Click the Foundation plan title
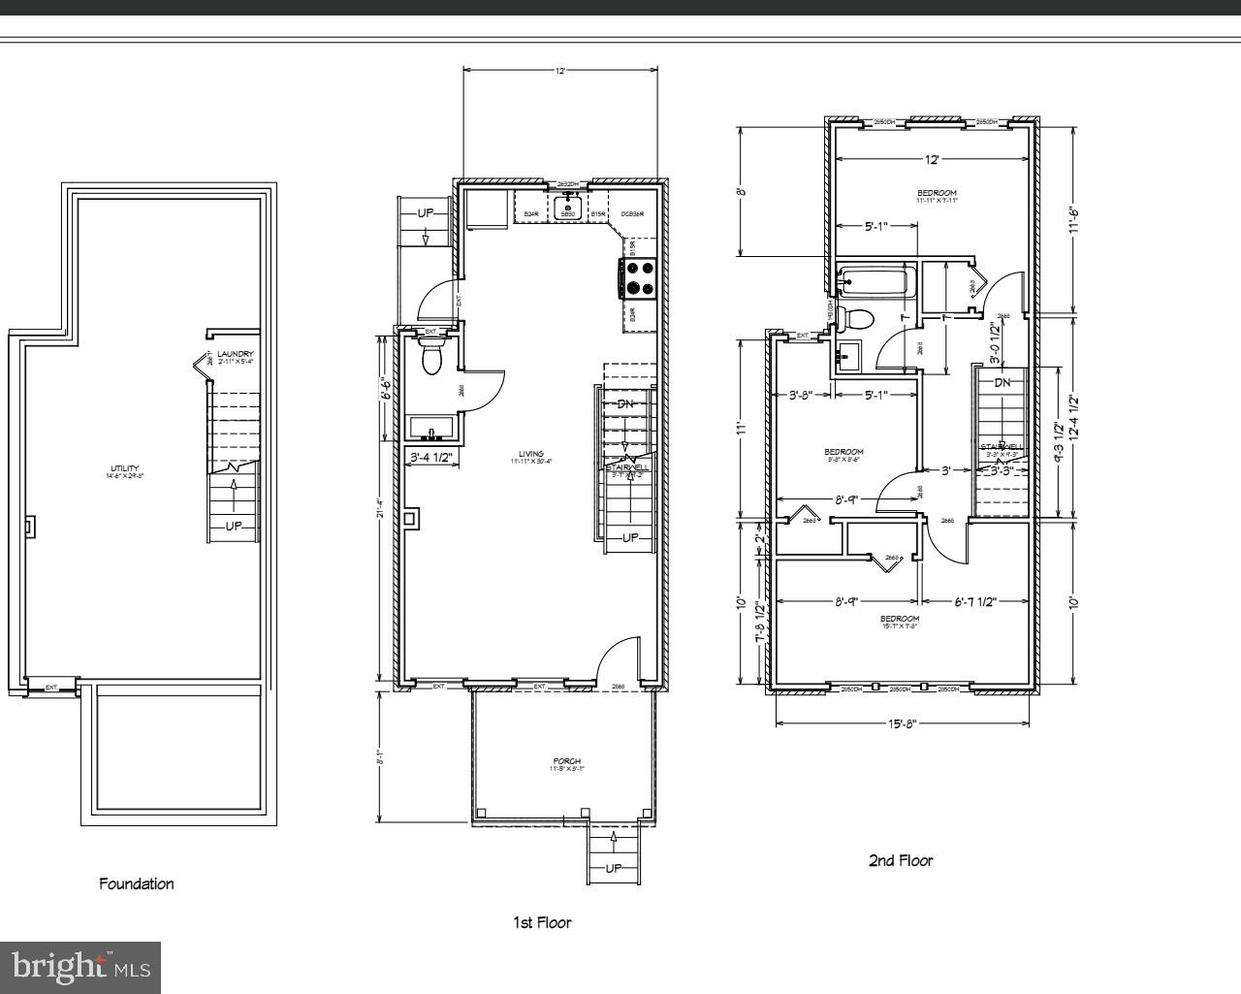point(137,883)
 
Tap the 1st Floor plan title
point(542,922)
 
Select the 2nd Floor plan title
point(900,860)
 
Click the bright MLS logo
point(80,966)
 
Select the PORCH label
point(567,762)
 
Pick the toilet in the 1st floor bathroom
point(432,359)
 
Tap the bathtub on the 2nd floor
point(875,283)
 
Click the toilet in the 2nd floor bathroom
point(857,318)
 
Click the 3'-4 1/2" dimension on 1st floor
point(432,457)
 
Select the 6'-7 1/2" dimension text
point(973,602)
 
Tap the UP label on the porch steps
point(614,868)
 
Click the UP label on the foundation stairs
point(234,526)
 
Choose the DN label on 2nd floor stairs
point(1002,382)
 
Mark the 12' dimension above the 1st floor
point(560,70)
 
